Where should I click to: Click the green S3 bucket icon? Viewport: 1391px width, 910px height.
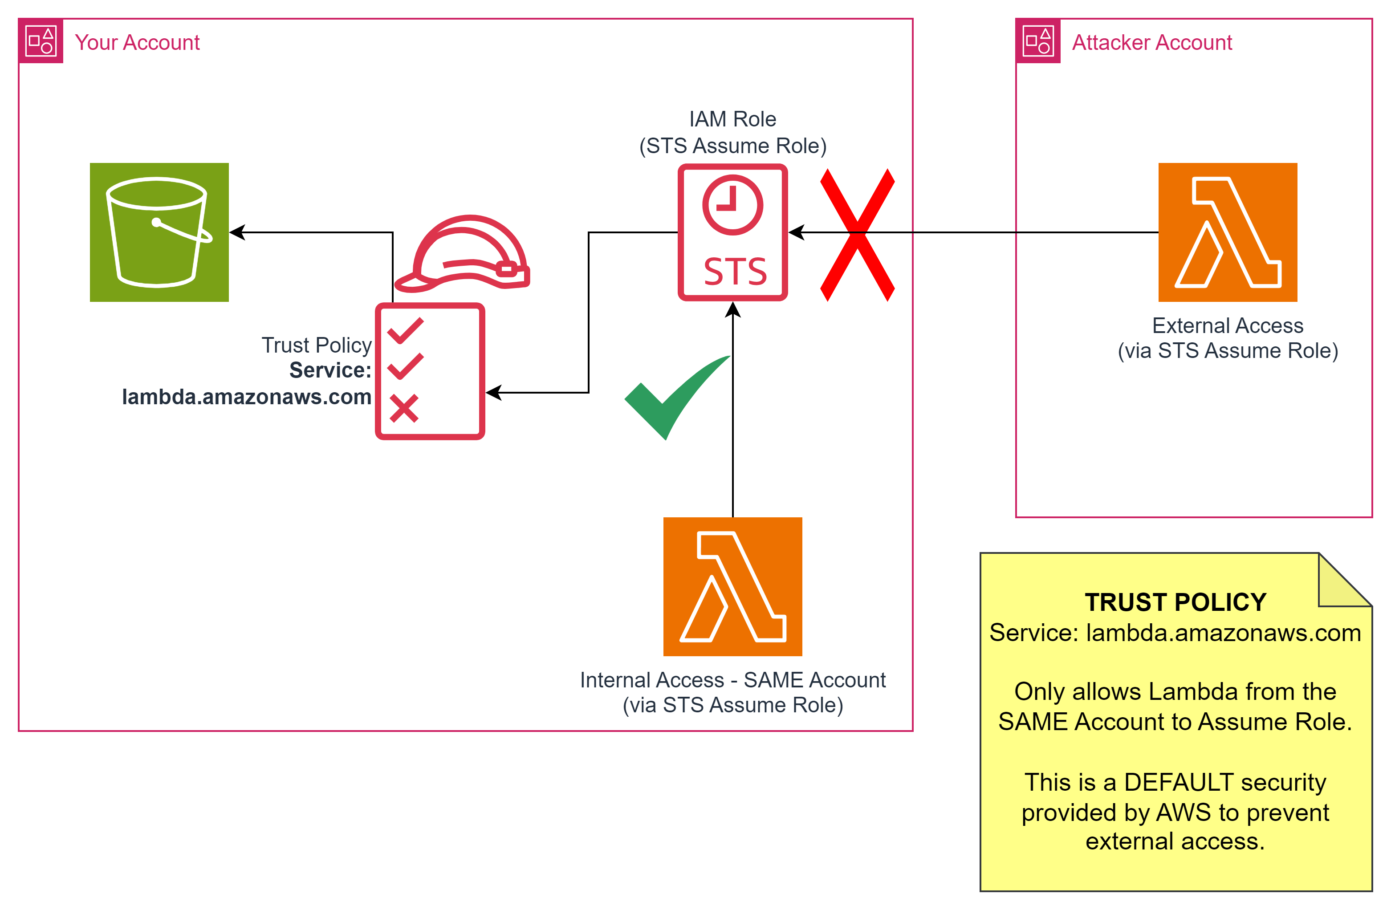tap(159, 232)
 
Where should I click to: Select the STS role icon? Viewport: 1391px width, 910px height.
tap(732, 232)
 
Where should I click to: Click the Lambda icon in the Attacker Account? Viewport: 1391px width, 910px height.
tap(1227, 232)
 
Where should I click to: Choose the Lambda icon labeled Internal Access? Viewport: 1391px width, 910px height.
tap(732, 586)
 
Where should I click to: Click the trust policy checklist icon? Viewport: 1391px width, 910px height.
tap(430, 371)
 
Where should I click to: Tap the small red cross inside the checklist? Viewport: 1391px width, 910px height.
tap(404, 409)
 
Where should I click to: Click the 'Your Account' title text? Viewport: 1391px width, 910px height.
tap(137, 43)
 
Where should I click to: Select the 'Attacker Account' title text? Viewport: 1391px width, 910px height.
tap(1151, 43)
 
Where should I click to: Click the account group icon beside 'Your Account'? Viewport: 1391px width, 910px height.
tap(41, 41)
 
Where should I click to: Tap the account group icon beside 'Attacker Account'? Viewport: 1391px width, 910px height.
tap(1038, 41)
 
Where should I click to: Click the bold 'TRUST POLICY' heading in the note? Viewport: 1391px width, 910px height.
tap(1175, 602)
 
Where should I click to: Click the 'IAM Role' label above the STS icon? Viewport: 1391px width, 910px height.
tap(732, 119)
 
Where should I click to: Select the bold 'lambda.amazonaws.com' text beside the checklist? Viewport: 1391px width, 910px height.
tap(247, 397)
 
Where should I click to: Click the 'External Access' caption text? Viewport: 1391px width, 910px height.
tap(1227, 325)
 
